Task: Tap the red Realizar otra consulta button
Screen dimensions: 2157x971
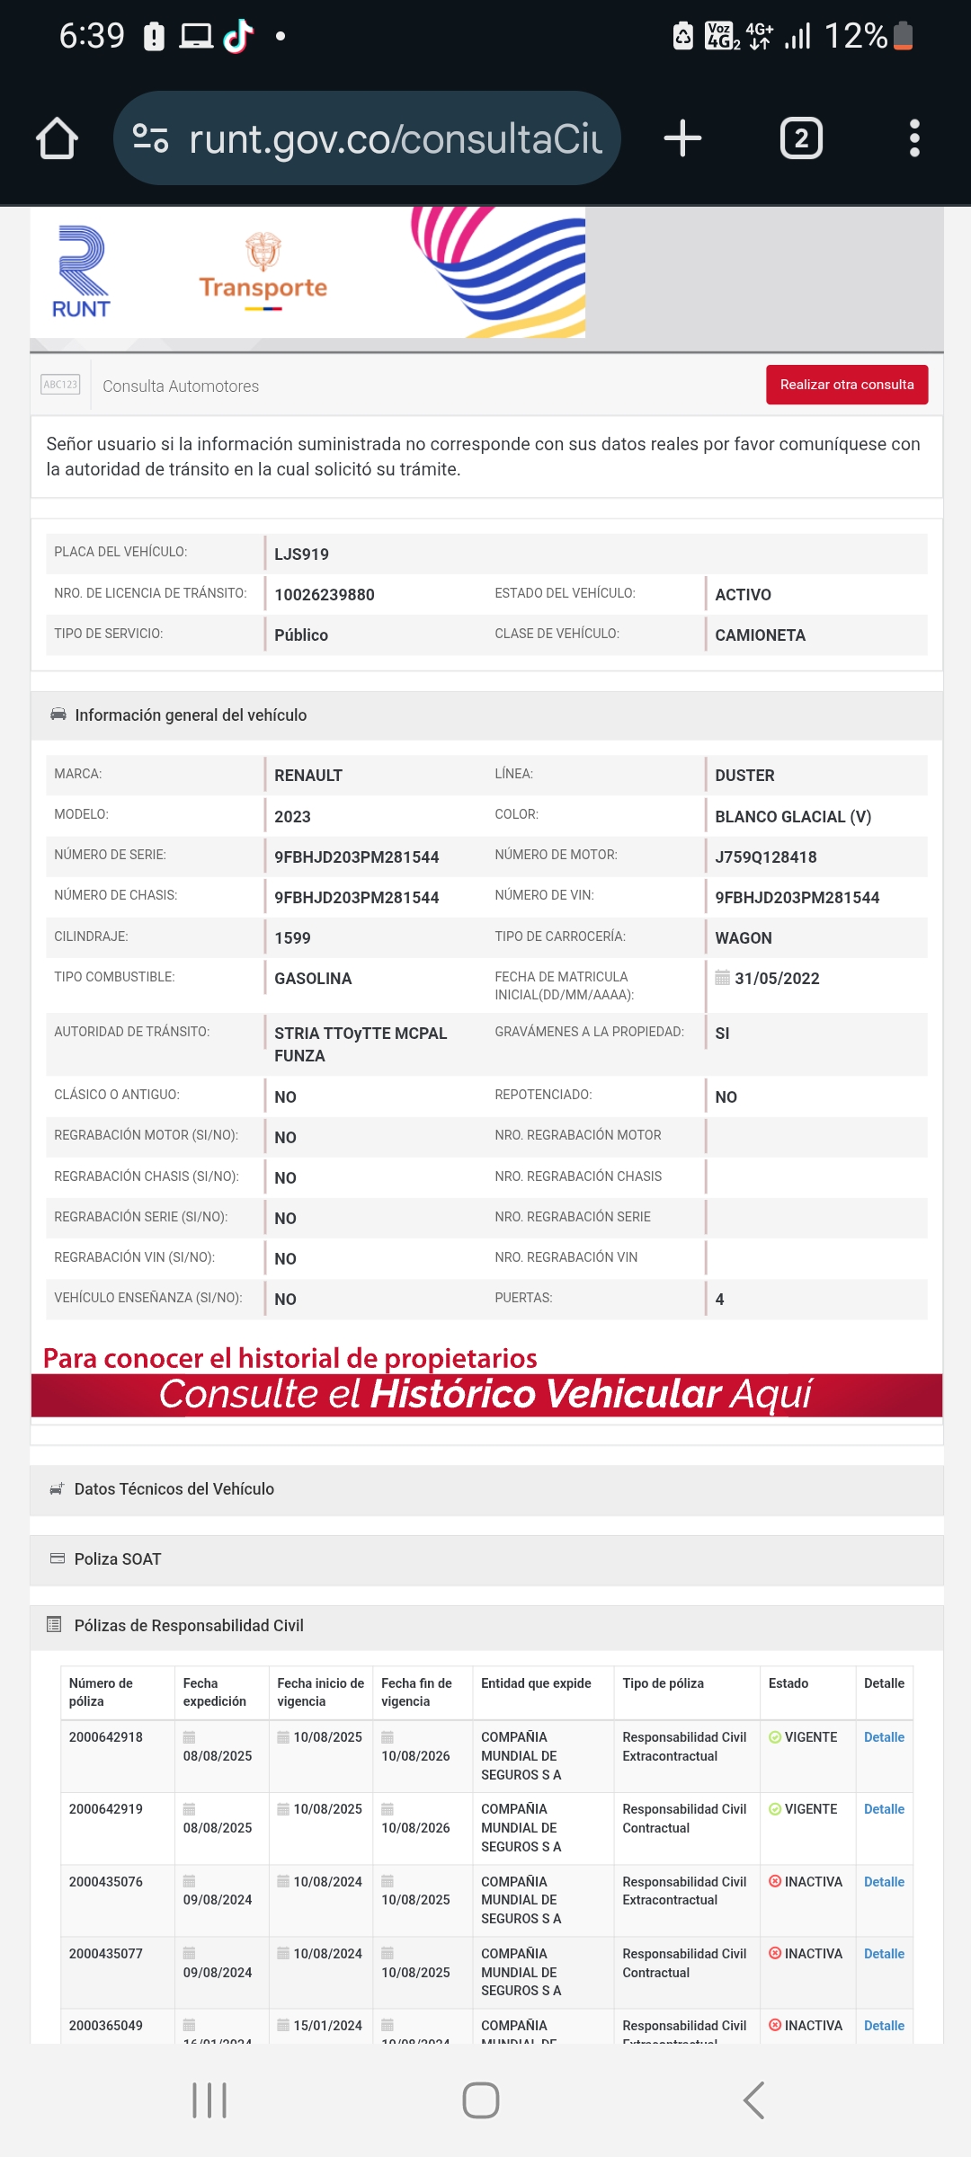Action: coord(846,385)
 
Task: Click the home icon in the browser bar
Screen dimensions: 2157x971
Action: coord(57,138)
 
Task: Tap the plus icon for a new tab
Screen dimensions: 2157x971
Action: coord(682,138)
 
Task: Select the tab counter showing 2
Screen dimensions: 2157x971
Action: coord(801,138)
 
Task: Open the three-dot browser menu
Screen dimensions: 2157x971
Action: coord(914,138)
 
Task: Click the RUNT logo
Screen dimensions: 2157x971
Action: coord(81,272)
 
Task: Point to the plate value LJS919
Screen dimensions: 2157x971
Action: coord(301,555)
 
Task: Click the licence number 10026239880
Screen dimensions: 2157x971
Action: coord(325,595)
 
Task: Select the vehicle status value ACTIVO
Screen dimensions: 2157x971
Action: coord(743,595)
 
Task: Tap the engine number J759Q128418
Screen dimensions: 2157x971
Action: coord(765,857)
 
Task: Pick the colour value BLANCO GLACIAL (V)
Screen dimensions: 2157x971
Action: coord(792,817)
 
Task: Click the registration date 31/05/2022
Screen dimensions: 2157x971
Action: coord(777,979)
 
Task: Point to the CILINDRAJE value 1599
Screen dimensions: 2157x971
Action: coord(292,938)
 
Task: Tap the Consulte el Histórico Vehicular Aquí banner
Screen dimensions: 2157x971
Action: coord(486,1394)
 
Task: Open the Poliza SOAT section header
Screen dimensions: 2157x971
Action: coord(118,1559)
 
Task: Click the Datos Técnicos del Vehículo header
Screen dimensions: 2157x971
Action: coord(174,1489)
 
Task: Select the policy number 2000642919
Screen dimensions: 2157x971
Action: coord(106,1809)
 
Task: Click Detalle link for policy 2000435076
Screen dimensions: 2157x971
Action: coord(884,1882)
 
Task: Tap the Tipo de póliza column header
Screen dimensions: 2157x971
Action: coord(663,1683)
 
